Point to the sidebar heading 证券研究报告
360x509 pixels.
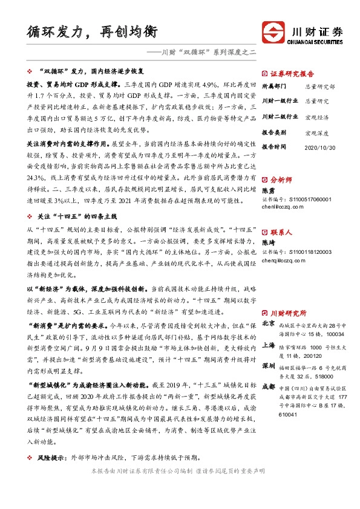click(x=295, y=73)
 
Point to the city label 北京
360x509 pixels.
click(x=269, y=324)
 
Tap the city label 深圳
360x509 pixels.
click(x=269, y=366)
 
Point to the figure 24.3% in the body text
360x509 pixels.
click(x=35, y=178)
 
